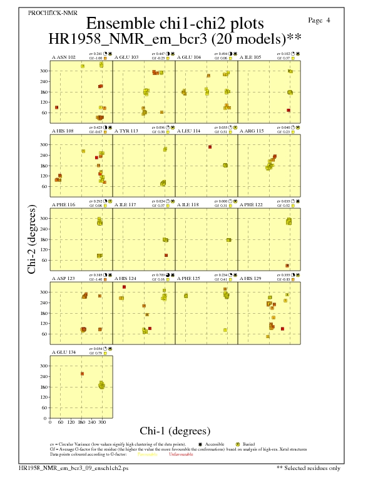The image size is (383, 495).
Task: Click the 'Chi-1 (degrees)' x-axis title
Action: coord(175,431)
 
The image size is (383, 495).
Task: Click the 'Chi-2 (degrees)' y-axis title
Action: coord(31,239)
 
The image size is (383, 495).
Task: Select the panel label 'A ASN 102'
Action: coord(64,57)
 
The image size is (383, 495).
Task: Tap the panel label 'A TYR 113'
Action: coord(126,131)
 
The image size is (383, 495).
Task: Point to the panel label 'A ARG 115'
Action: coord(252,131)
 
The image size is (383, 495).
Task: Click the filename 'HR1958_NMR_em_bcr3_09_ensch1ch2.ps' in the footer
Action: coord(73,467)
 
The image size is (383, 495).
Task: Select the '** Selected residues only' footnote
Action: coord(309,467)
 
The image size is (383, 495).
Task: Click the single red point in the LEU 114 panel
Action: coord(210,147)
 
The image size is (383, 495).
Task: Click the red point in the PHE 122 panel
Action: coord(287,266)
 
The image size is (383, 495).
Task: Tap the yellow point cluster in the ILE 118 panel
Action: coord(228,240)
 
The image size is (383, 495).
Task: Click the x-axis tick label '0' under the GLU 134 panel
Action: coord(50,422)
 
